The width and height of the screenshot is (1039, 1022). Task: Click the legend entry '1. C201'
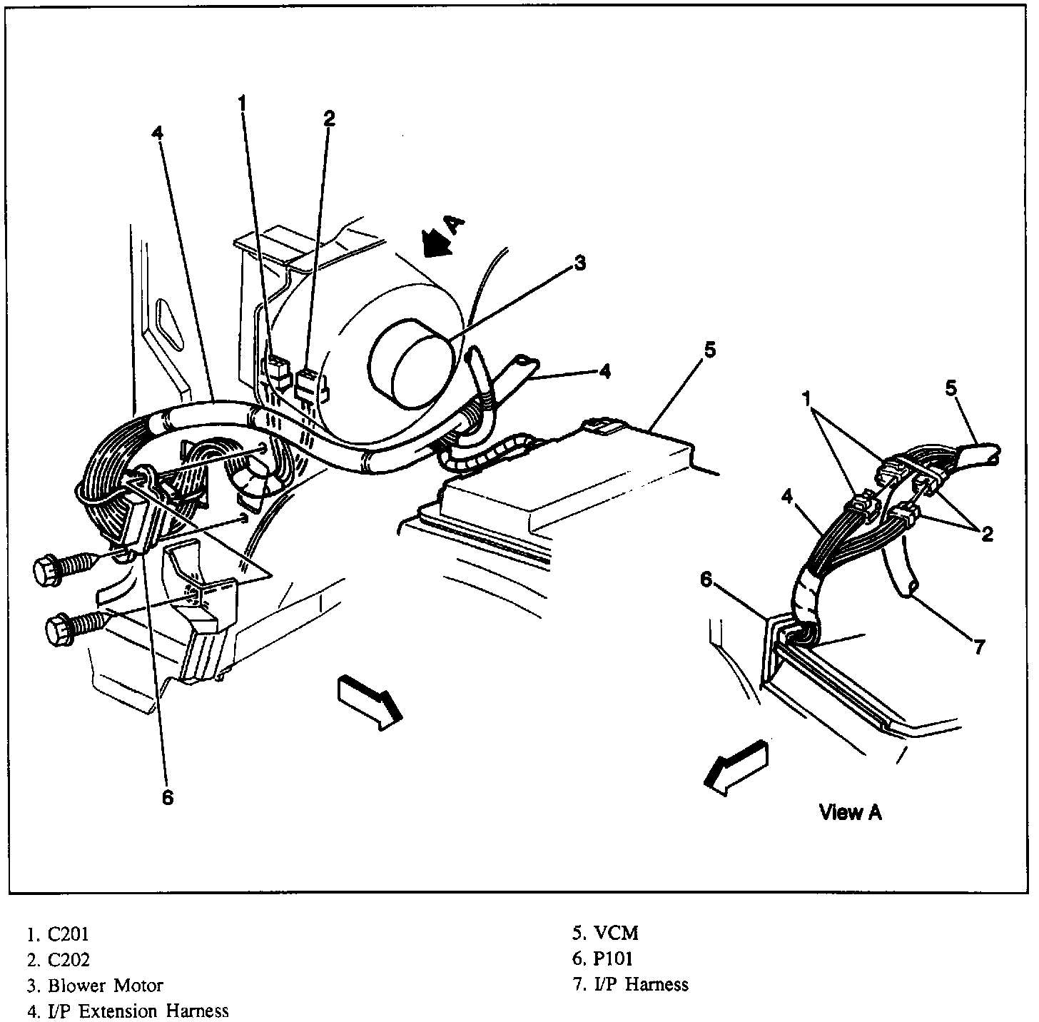pyautogui.click(x=59, y=934)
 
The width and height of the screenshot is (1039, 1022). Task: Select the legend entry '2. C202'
pyautogui.click(x=59, y=960)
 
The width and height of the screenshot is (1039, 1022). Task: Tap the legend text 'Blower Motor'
pyautogui.click(x=106, y=986)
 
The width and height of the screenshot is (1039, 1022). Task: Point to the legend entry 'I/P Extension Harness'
pyautogui.click(x=138, y=1011)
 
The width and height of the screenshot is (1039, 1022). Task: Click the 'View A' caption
pyautogui.click(x=850, y=812)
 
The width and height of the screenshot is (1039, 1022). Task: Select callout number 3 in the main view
pyautogui.click(x=579, y=264)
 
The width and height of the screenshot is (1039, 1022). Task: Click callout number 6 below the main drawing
pyautogui.click(x=167, y=797)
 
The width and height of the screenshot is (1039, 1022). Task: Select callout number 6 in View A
pyautogui.click(x=706, y=580)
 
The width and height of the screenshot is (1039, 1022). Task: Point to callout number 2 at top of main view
pyautogui.click(x=328, y=118)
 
